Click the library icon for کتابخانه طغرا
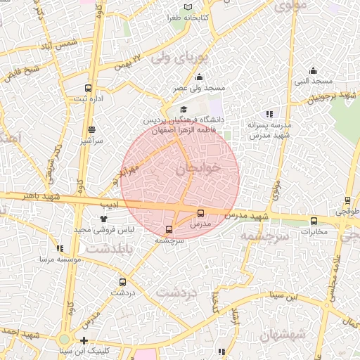[187, 7]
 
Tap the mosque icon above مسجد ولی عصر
[200, 77]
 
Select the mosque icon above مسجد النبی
[313, 70]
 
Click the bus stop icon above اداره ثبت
[88, 88]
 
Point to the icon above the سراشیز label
[92, 129]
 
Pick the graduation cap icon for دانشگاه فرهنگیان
[184, 110]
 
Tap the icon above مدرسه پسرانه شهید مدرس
[269, 114]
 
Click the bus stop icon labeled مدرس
[200, 213]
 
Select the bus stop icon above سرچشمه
[168, 229]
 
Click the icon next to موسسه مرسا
[60, 248]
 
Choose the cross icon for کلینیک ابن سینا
[84, 340]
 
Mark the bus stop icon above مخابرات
[314, 221]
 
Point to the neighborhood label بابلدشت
[105, 248]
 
